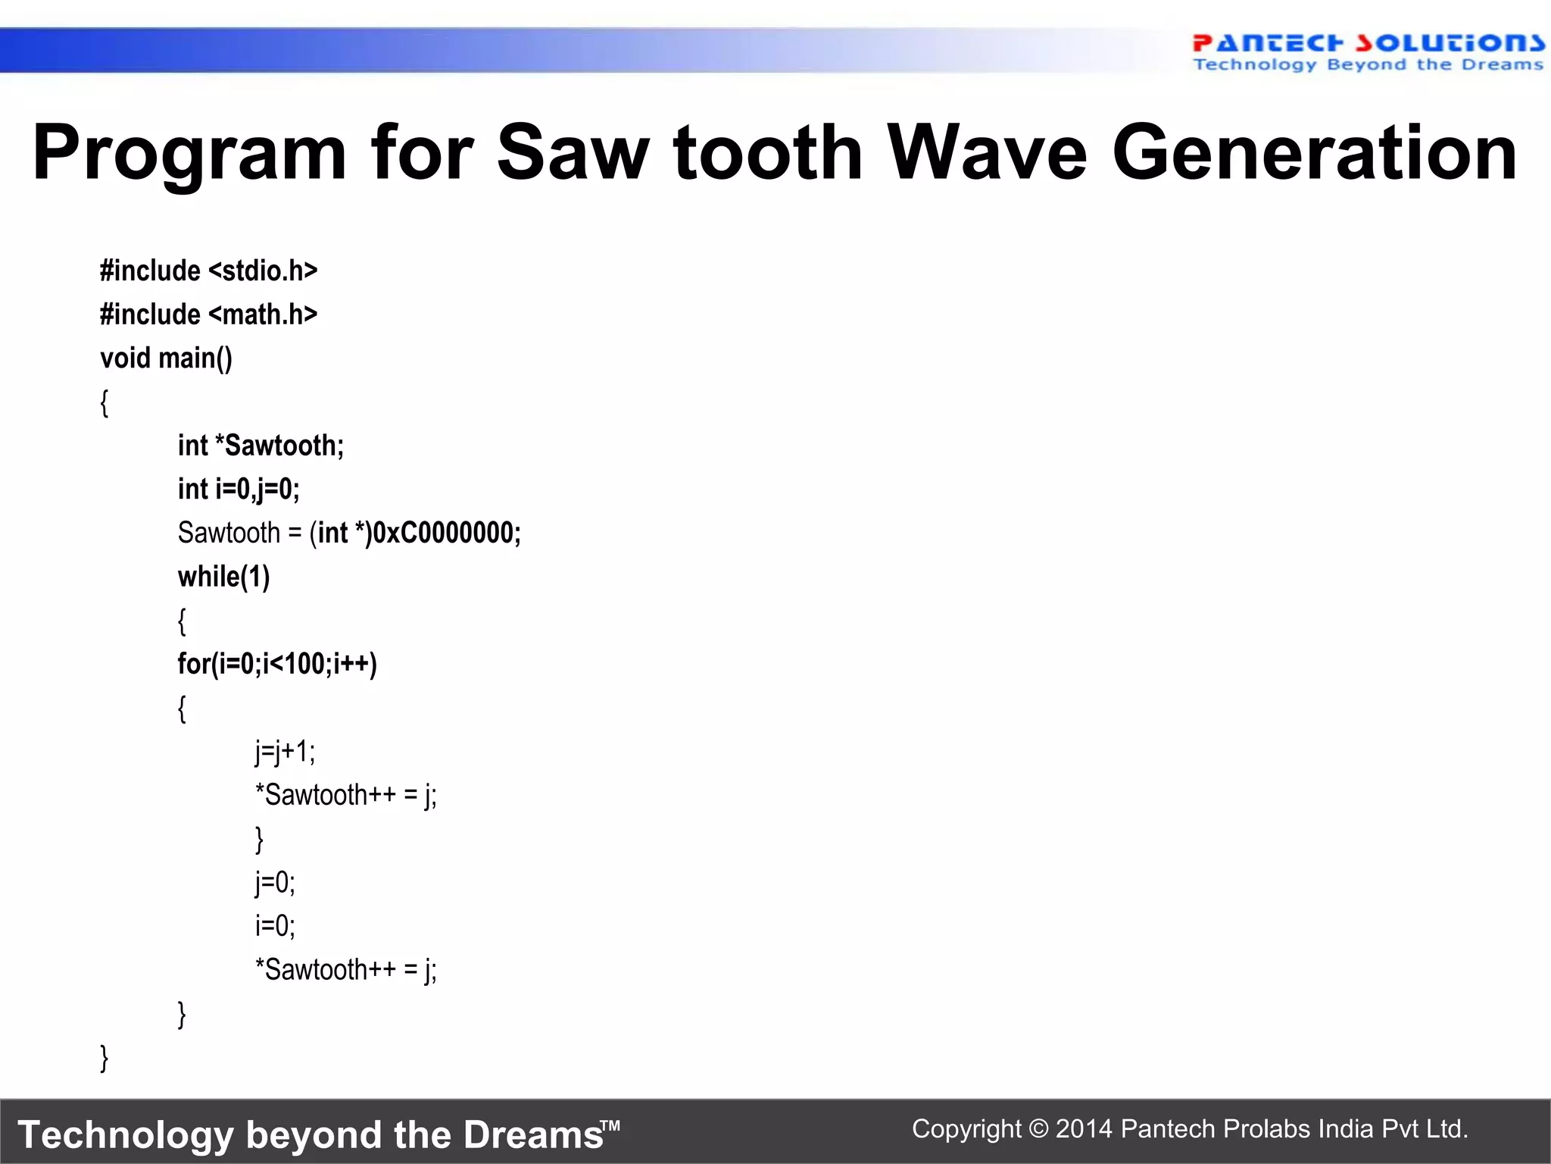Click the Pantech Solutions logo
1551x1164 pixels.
pos(1368,52)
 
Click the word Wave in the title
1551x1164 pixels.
pos(988,154)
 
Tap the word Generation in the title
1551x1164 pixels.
pos(1314,154)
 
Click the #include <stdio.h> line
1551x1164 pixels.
pos(208,271)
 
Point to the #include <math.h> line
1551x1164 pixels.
pos(208,314)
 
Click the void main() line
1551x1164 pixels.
pos(166,358)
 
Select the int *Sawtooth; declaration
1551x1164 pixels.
pos(261,446)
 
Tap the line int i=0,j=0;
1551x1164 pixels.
pos(239,490)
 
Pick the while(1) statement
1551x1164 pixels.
pos(223,577)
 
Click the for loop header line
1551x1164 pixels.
pos(277,664)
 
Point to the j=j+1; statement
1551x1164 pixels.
pos(285,752)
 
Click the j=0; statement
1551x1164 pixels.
pos(275,883)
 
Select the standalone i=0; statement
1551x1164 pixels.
pos(275,926)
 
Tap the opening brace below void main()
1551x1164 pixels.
pos(105,402)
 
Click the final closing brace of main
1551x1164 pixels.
pos(105,1058)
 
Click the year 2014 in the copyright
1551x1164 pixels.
pos(1083,1129)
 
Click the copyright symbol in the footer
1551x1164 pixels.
pos(1038,1129)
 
